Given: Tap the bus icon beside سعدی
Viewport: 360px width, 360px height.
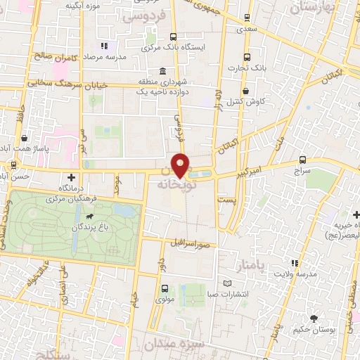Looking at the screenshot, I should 247,18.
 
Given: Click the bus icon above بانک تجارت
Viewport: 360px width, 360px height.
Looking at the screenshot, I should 245,58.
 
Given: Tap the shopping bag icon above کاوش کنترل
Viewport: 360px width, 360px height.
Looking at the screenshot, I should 245,91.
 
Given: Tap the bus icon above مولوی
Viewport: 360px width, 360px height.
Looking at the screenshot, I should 165,288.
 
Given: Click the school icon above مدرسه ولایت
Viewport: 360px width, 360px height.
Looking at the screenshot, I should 296,264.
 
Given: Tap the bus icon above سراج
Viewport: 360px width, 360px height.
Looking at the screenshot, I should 302,160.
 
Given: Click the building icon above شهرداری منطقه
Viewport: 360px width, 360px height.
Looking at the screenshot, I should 163,72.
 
